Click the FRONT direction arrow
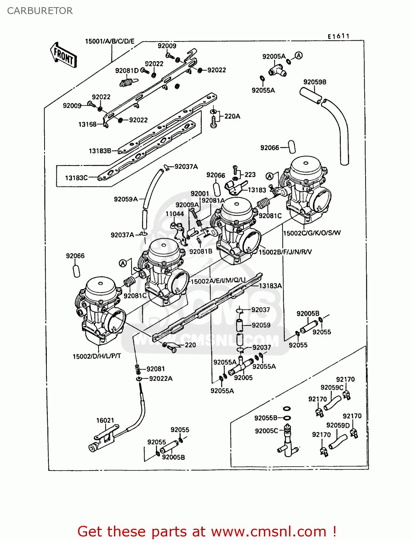coord(64,55)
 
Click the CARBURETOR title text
coord(40,11)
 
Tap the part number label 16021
coord(105,420)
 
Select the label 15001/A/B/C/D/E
coord(110,41)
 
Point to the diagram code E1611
coord(338,36)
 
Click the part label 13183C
coord(76,178)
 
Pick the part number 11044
coord(174,214)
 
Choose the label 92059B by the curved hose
coord(315,82)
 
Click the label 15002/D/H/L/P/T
coord(97,356)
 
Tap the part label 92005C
coord(266,431)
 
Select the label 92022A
coord(161,378)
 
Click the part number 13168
coord(87,125)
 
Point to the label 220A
coord(232,116)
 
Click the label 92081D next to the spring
coord(127,71)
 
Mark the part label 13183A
coord(270,286)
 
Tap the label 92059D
coord(338,425)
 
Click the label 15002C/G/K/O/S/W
coord(312,233)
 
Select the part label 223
coord(250,175)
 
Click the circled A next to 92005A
coord(298,55)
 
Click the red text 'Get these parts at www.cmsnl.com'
coord(207,531)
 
